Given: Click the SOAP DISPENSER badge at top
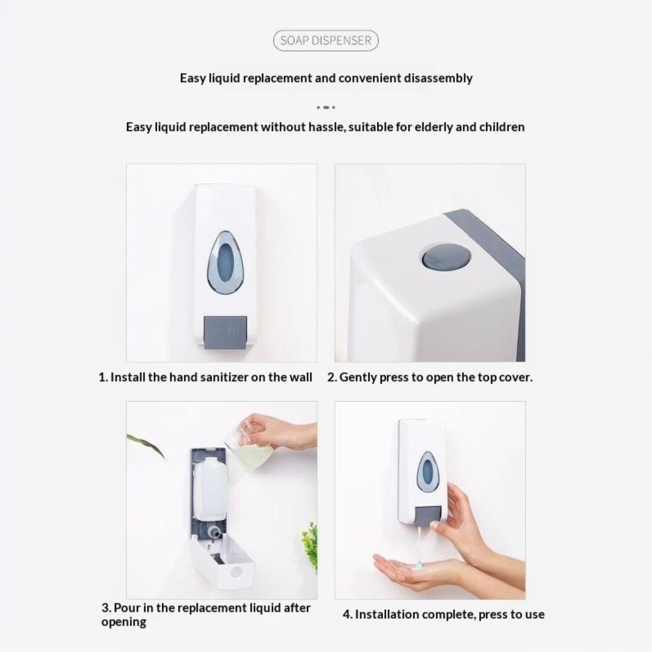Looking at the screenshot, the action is [326, 40].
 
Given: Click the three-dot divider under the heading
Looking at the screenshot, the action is [326, 107].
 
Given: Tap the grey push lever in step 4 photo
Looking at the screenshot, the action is [428, 516].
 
